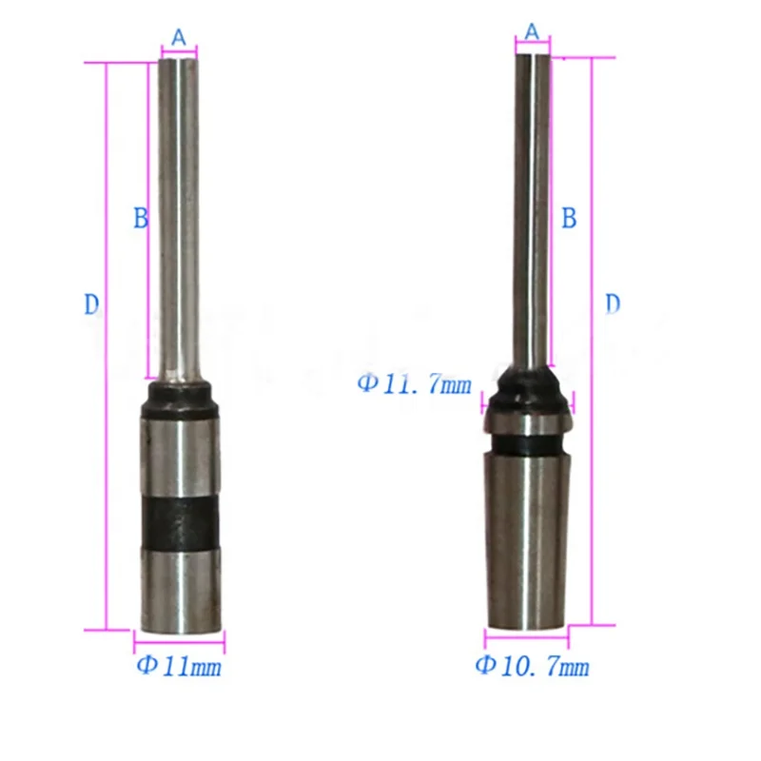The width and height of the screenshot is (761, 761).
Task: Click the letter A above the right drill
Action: (532, 31)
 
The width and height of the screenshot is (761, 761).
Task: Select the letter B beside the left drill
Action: (140, 219)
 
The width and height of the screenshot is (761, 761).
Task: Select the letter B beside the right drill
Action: (569, 218)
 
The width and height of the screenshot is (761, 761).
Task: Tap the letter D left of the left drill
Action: (91, 304)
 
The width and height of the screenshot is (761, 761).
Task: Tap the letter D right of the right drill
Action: (614, 303)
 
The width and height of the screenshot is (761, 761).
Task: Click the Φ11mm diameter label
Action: (179, 666)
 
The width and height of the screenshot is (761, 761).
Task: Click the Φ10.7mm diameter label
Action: (532, 665)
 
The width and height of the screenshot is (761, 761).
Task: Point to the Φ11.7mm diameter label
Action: (414, 384)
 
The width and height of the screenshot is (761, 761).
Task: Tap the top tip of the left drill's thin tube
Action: (179, 60)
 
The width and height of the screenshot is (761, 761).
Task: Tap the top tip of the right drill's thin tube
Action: (532, 56)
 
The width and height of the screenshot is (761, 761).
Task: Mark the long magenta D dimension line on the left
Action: (107, 342)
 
